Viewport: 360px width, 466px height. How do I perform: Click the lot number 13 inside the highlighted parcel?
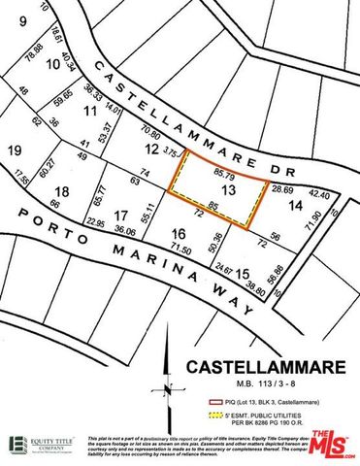click(228, 192)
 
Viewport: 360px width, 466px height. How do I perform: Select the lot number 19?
click(15, 150)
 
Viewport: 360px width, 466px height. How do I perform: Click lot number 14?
click(296, 206)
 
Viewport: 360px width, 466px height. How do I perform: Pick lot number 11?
click(91, 112)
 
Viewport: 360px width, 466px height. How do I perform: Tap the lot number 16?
click(178, 234)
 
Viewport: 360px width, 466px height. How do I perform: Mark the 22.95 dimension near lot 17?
click(94, 223)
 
